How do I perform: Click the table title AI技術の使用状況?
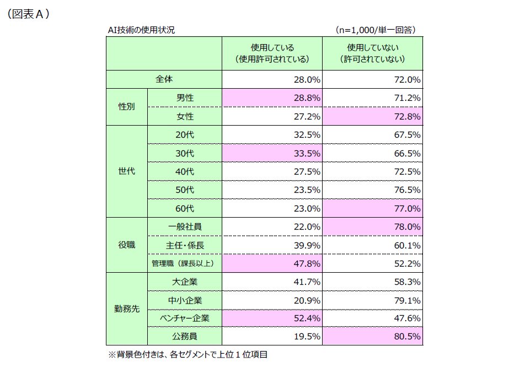coord(141,30)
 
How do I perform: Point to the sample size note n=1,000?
coord(375,30)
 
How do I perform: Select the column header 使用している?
coord(272,53)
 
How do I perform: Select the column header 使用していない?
coord(373,53)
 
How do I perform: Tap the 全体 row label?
coord(164,79)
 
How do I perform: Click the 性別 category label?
coord(127,107)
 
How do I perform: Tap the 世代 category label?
coord(127,171)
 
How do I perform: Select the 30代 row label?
coord(185,153)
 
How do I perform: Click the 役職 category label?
coord(127,245)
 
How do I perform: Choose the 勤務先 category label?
coord(127,309)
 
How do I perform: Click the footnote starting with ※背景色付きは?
coord(187,355)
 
